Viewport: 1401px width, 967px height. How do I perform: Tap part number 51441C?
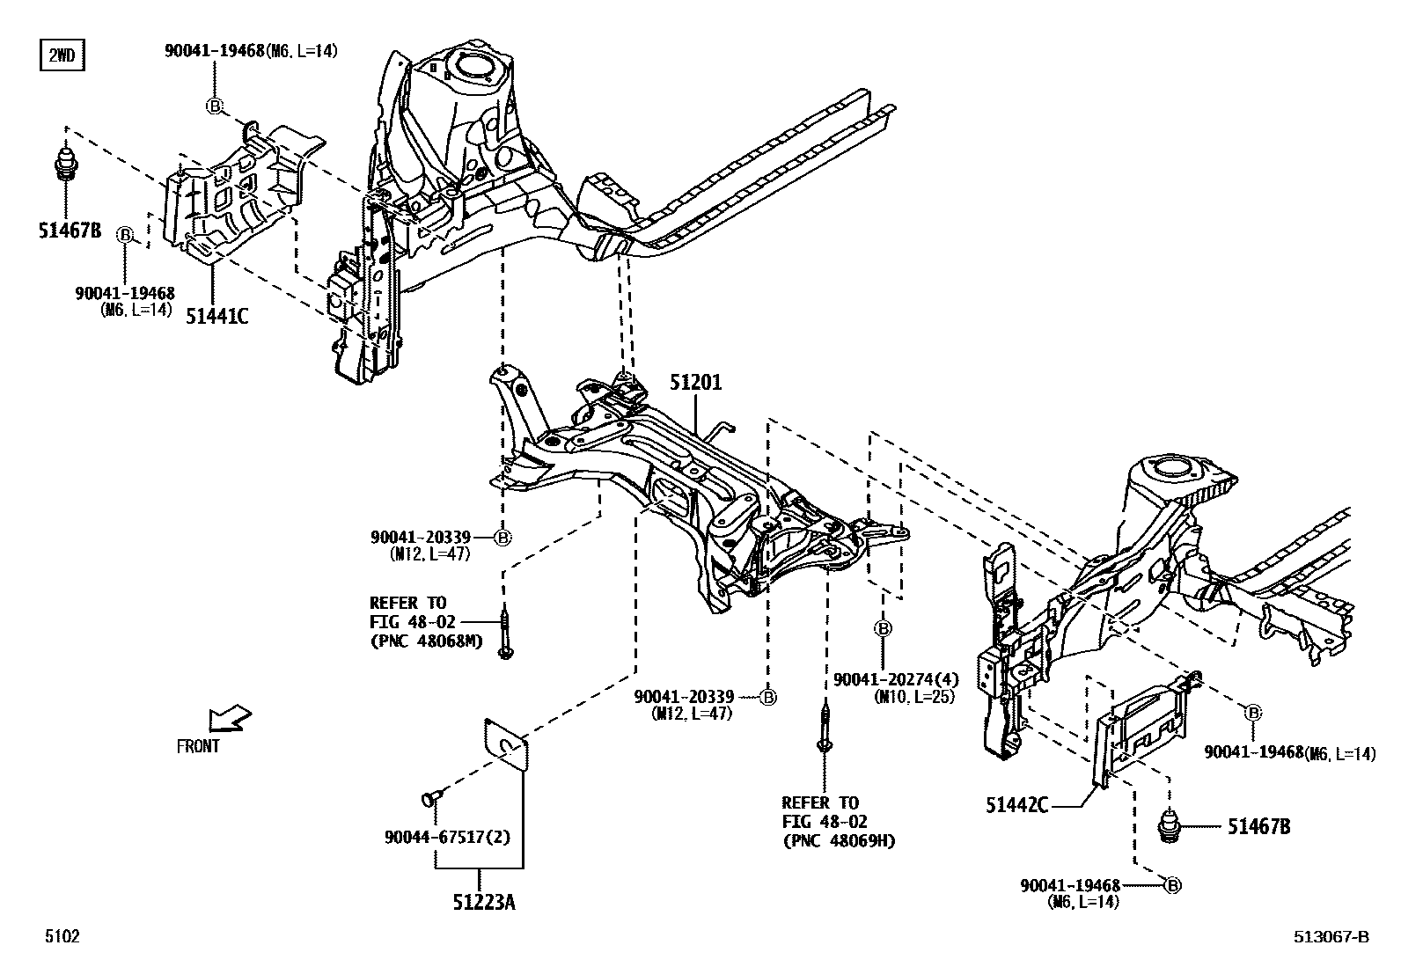(x=216, y=315)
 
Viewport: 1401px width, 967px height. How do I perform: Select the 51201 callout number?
(x=695, y=383)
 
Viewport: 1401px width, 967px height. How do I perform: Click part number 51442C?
(x=1016, y=805)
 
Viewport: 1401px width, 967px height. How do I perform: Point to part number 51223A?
(x=484, y=902)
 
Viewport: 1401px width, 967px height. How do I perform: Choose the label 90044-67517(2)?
(x=446, y=837)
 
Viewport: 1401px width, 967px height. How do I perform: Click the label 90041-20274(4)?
(x=896, y=679)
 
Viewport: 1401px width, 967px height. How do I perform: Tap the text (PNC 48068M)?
(x=427, y=641)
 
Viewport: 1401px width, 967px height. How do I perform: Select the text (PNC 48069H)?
(x=839, y=841)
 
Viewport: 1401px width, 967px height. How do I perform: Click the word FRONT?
(x=198, y=746)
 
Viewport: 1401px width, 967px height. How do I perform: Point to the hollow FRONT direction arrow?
(x=228, y=718)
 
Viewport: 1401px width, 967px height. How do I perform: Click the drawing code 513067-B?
(x=1331, y=937)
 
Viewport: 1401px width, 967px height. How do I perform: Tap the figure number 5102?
(x=62, y=937)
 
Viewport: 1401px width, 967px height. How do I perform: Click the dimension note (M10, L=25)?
(x=914, y=697)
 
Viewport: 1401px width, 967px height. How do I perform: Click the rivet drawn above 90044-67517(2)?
(x=430, y=797)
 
